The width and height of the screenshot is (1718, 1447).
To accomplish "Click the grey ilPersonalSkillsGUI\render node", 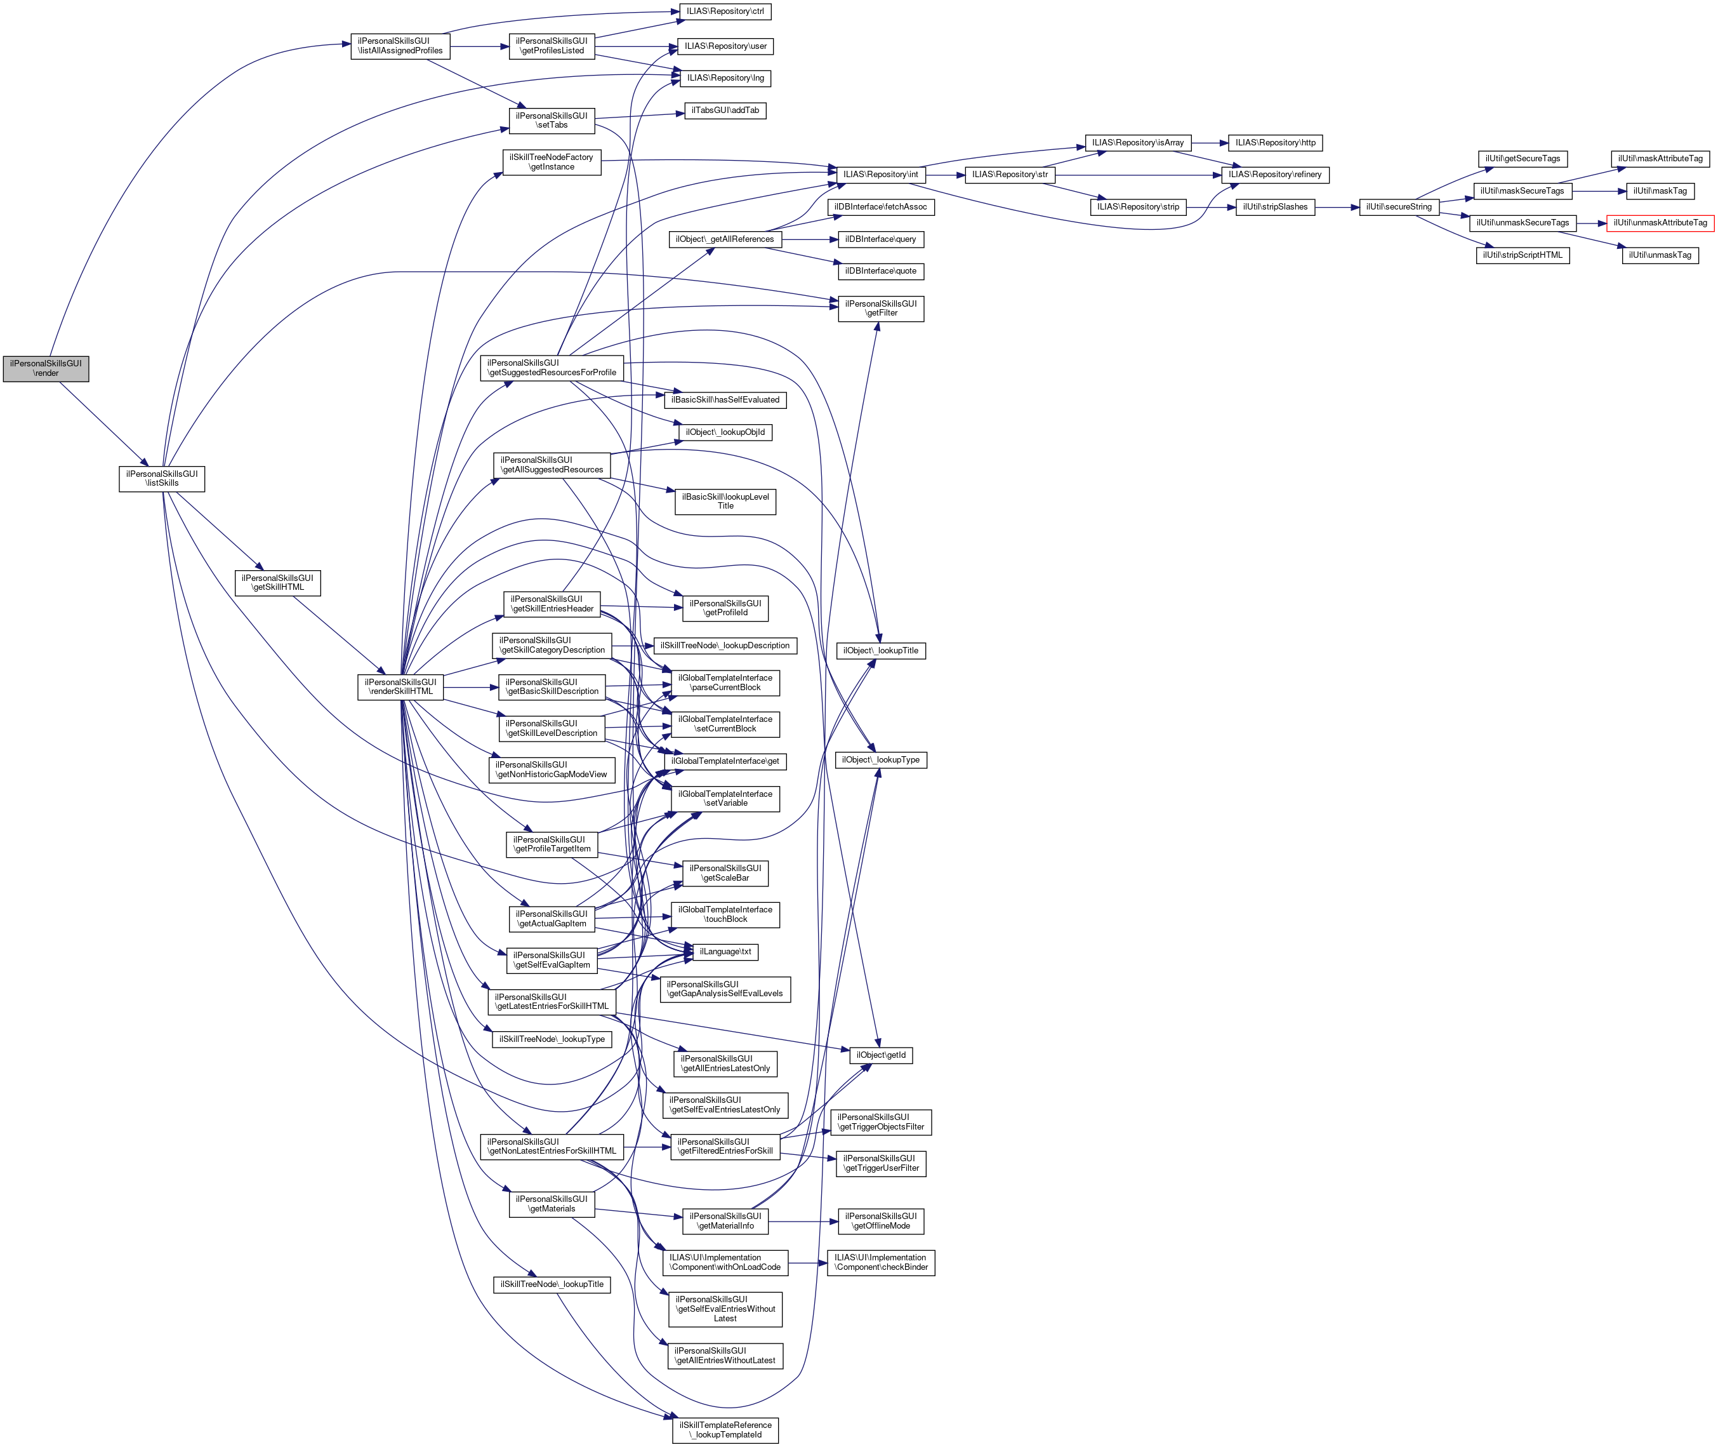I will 46,368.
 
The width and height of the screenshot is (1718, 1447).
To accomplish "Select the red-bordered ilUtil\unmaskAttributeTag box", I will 1660,223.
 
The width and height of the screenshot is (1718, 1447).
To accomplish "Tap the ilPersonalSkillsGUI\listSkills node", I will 162,478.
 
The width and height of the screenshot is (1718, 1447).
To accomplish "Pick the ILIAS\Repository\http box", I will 1275,143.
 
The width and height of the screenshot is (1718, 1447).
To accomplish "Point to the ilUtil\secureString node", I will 1399,207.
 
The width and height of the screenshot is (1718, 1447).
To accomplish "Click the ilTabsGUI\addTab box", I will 725,110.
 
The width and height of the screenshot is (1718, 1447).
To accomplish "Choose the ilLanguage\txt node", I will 725,952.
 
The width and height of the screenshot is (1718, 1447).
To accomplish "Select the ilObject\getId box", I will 881,1055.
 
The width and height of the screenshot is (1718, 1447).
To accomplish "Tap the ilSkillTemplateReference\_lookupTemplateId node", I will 725,1430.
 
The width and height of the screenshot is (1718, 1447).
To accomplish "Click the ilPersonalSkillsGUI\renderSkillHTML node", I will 400,686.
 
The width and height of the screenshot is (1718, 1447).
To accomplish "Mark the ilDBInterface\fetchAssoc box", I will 881,207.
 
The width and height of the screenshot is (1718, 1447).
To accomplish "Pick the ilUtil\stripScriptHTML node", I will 1522,255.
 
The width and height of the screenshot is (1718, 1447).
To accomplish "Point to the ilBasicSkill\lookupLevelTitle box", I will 725,501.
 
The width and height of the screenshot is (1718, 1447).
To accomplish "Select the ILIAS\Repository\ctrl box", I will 725,11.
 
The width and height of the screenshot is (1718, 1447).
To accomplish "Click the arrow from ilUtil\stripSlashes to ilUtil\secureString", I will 1337,208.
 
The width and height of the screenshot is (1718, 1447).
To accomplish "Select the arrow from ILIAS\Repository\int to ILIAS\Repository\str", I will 946,175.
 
